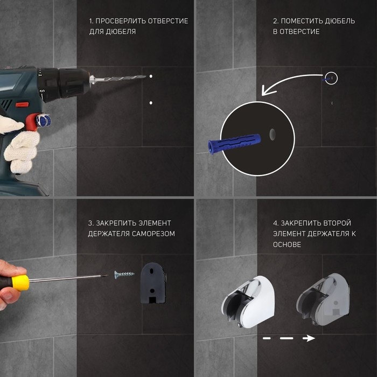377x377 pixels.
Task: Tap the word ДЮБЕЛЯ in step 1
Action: [x=121, y=31]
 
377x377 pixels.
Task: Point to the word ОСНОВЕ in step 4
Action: [x=287, y=245]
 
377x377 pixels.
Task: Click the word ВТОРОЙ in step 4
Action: [x=337, y=223]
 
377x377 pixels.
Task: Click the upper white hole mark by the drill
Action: [x=151, y=76]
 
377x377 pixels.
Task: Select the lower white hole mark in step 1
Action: [x=151, y=103]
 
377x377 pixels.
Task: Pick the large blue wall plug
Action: [x=234, y=143]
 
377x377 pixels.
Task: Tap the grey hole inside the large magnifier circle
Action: [x=273, y=135]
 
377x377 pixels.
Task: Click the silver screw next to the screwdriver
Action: [x=124, y=274]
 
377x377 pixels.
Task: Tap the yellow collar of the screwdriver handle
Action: [x=20, y=283]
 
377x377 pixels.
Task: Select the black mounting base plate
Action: [x=153, y=283]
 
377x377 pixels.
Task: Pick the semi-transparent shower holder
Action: [x=323, y=299]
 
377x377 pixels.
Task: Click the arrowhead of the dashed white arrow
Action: [x=309, y=338]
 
